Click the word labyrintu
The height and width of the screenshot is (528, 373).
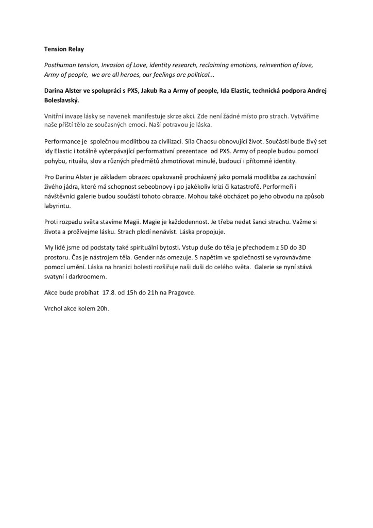click(57, 207)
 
